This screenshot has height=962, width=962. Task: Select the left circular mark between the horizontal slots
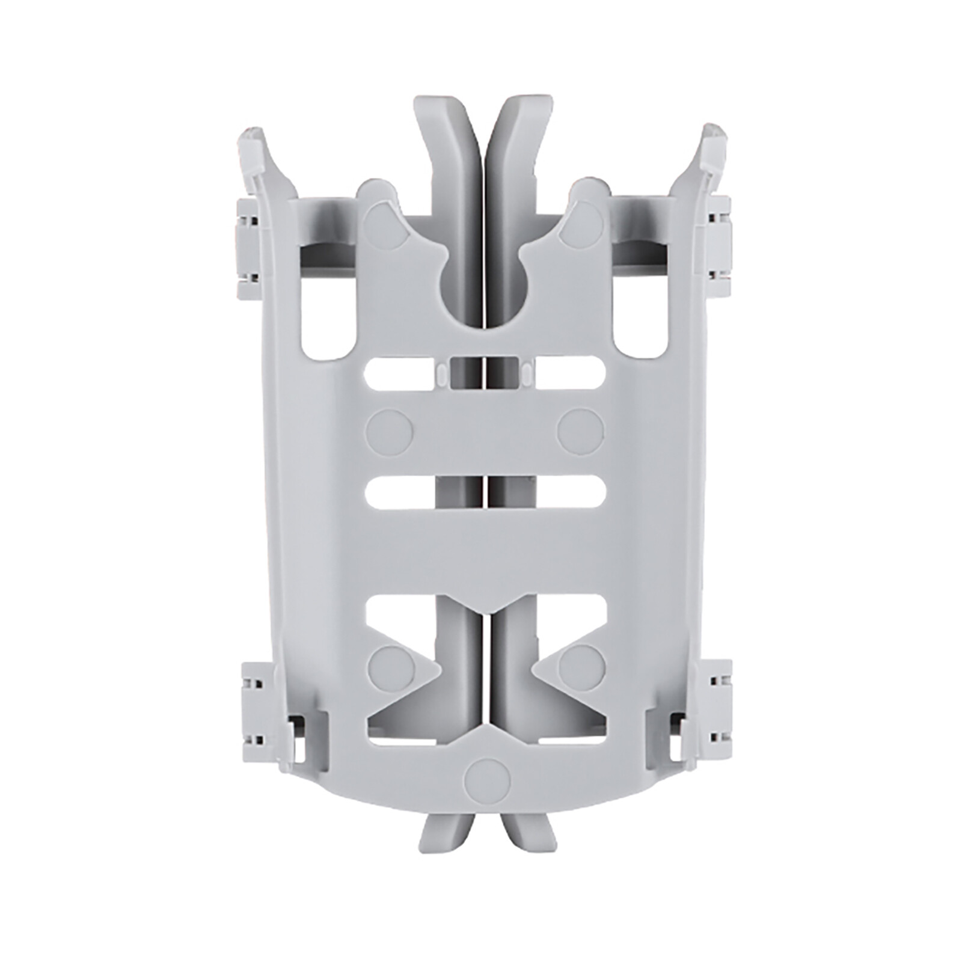point(390,431)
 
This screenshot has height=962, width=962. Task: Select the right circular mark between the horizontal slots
point(581,431)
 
